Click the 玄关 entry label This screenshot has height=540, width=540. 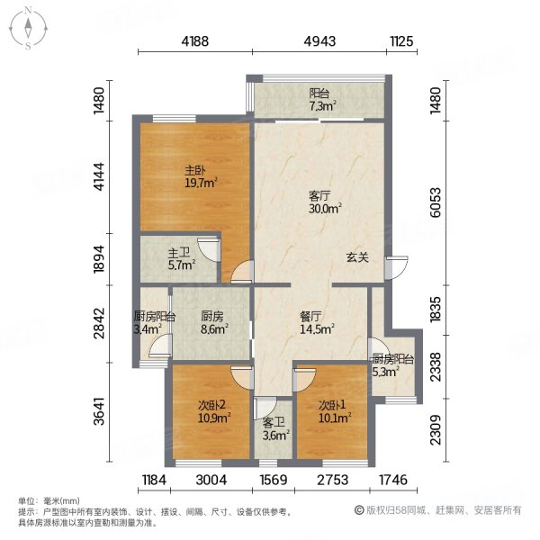[x=357, y=256]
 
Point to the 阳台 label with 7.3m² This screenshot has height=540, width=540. [x=319, y=94]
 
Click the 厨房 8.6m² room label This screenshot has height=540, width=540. [x=212, y=317]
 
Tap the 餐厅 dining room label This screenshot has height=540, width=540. [x=311, y=317]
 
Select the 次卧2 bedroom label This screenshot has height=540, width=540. [x=213, y=405]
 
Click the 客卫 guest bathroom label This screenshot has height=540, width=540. [x=274, y=422]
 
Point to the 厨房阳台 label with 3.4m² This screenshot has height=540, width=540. [x=153, y=317]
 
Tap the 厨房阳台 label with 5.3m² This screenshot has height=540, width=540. [x=392, y=360]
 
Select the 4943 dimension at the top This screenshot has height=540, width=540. [x=319, y=40]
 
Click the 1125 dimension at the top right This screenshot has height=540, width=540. [x=401, y=40]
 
